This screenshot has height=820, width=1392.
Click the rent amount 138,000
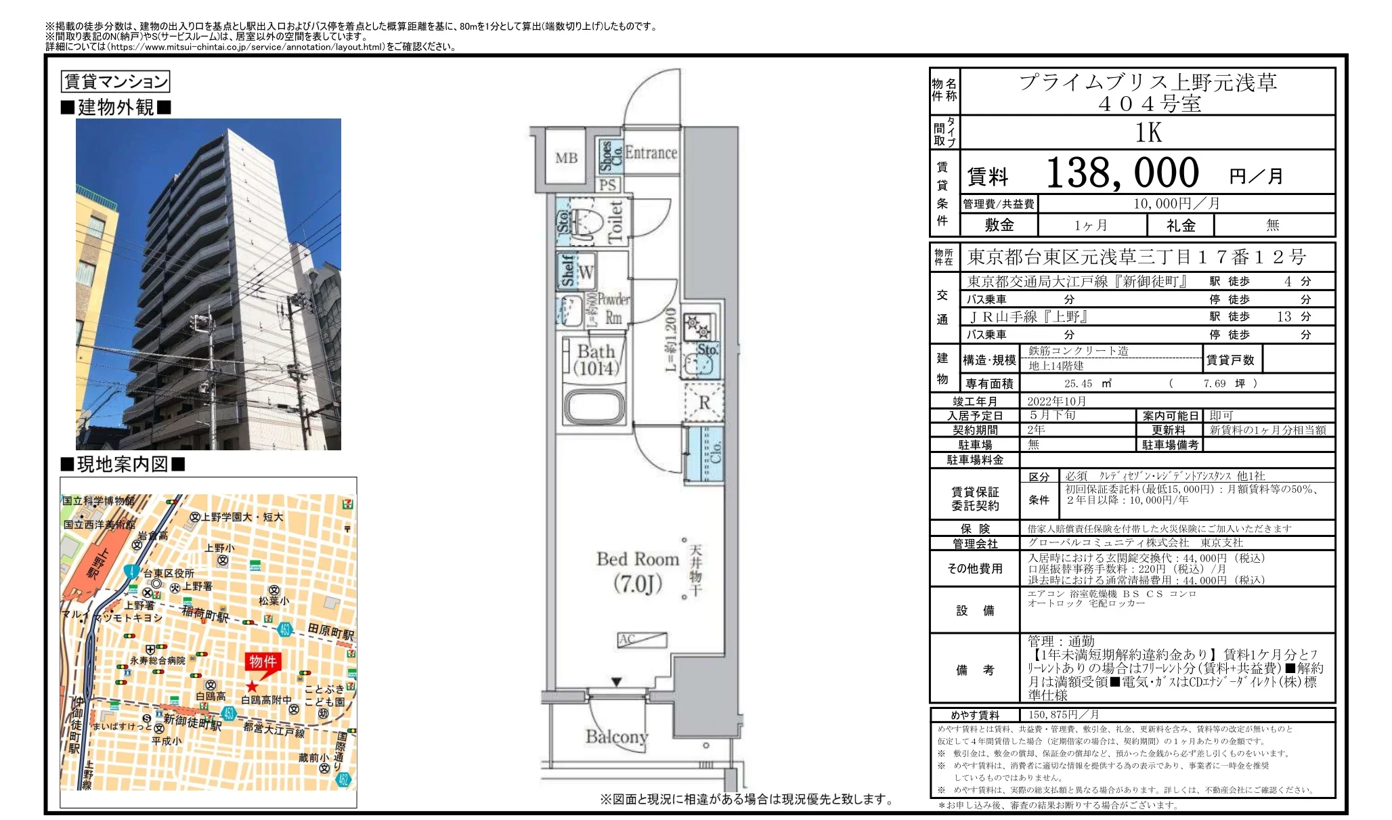pyautogui.click(x=1122, y=173)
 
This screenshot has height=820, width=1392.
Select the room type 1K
pyautogui.click(x=1148, y=133)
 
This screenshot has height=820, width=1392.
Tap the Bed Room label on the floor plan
pyautogui.click(x=637, y=559)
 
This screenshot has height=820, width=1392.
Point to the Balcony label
pyautogui.click(x=616, y=736)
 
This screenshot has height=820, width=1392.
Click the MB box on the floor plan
pyautogui.click(x=566, y=158)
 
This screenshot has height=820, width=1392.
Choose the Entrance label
pyautogui.click(x=651, y=153)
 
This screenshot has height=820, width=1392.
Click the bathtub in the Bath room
pyautogui.click(x=594, y=406)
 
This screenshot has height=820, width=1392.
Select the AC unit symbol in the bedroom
pyautogui.click(x=642, y=639)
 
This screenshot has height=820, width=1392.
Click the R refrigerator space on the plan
pyautogui.click(x=704, y=402)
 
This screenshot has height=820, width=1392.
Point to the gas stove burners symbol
pyautogui.click(x=697, y=326)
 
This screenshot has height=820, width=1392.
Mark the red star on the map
pyautogui.click(x=252, y=687)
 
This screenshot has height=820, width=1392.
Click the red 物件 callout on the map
pyautogui.click(x=263, y=662)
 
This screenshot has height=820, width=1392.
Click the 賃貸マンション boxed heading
pyautogui.click(x=115, y=82)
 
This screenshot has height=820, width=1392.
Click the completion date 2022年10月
pyautogui.click(x=1056, y=402)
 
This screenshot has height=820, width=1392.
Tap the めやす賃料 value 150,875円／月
pyautogui.click(x=1063, y=715)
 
